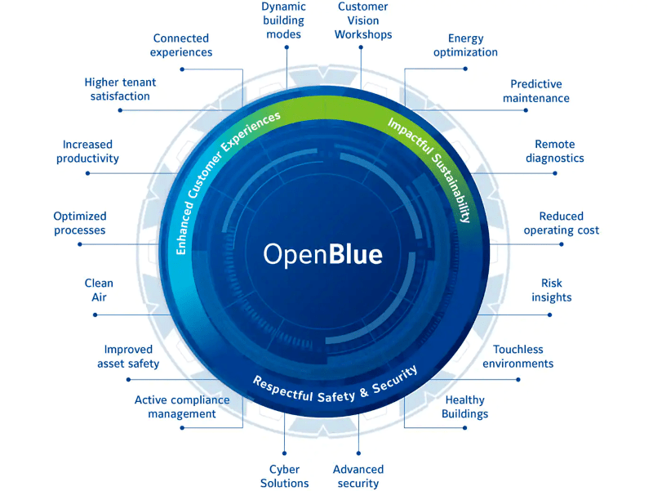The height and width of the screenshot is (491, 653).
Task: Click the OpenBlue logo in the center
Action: coord(322,254)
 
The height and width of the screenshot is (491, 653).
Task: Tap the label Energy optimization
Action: coord(465,45)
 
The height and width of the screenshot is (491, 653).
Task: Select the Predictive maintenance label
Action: coord(536,91)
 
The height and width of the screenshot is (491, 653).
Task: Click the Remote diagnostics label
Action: coord(555,151)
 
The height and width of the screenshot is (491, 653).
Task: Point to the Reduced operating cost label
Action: coord(562,223)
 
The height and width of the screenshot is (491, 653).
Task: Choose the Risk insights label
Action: coord(552,290)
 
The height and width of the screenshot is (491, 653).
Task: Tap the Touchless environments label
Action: coord(518,356)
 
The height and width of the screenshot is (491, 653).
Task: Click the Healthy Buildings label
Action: coord(464,407)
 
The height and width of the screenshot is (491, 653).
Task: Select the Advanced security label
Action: coord(358,476)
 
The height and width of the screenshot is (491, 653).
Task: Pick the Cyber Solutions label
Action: coord(284,476)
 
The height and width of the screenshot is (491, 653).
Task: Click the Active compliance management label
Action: coord(182,407)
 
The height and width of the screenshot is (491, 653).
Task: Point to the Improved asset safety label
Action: coord(128,356)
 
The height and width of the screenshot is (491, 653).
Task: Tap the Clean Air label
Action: coord(99,290)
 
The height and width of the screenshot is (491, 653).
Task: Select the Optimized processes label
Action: coord(79,223)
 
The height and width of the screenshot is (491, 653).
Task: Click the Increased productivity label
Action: coord(87,151)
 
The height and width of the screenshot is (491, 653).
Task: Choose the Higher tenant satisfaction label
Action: coord(120,89)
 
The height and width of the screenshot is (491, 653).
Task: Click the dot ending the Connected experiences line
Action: coord(182,69)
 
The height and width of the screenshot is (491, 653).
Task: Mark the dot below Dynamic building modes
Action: coord(287,47)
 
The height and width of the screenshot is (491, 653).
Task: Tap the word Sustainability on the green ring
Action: coord(452,188)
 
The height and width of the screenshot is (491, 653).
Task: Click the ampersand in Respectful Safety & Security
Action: coord(364,392)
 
